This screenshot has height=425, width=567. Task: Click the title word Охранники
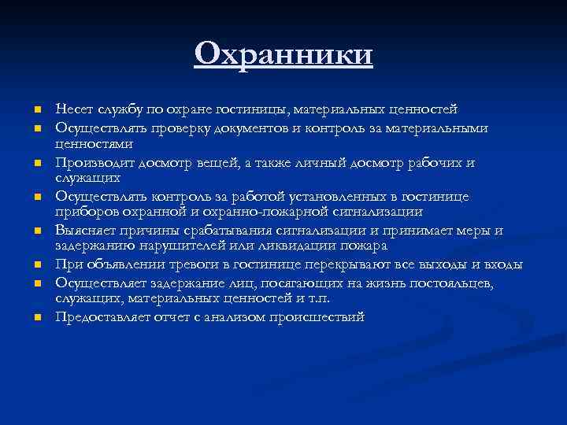pyautogui.click(x=283, y=55)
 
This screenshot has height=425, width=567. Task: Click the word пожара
pyautogui.click(x=364, y=246)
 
